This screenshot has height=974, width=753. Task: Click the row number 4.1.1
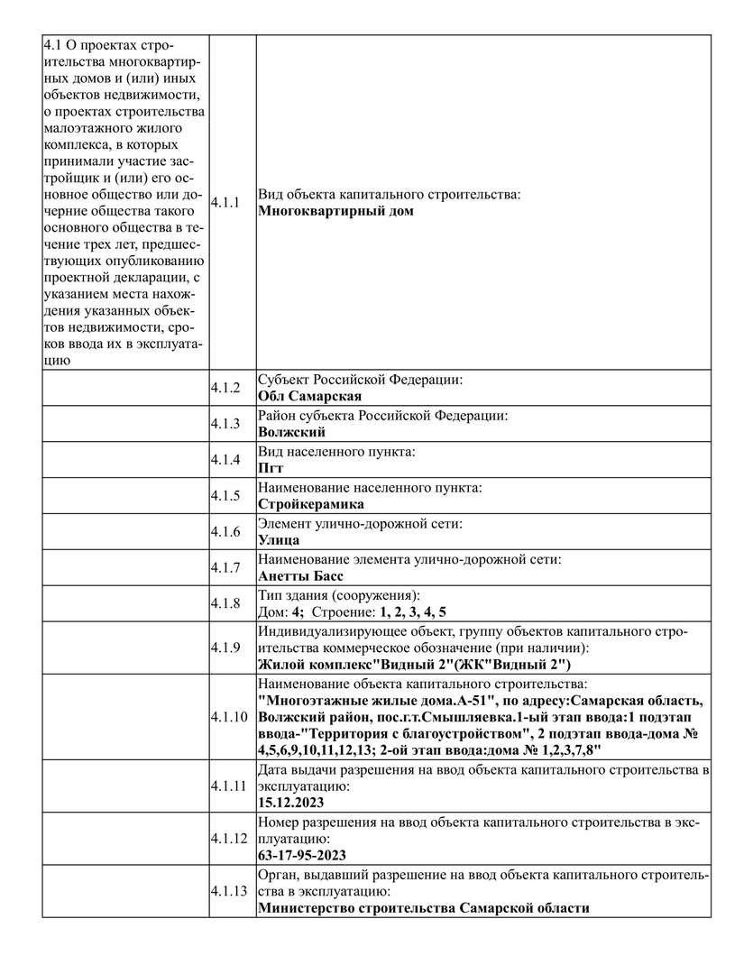tap(225, 203)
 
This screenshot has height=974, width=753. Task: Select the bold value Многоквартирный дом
tap(335, 212)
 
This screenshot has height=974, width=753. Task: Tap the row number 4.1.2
tap(225, 388)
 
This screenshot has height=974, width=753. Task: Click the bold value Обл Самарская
tap(310, 396)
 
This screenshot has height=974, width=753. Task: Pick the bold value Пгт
tap(271, 468)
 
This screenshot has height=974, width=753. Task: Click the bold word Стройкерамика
tap(311, 504)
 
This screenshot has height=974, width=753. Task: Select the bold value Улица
tap(279, 540)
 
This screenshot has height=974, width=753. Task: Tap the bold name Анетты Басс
tap(300, 576)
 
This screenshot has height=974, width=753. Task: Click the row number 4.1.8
tap(225, 602)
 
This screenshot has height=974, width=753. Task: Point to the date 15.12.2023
tap(290, 802)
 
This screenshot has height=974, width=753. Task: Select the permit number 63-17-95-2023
tap(302, 855)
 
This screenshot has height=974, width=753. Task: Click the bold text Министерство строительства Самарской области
tap(424, 908)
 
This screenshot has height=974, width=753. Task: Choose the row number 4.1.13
tap(228, 891)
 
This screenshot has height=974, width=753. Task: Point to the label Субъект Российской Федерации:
tap(361, 380)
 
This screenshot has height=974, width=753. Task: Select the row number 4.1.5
tap(225, 495)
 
